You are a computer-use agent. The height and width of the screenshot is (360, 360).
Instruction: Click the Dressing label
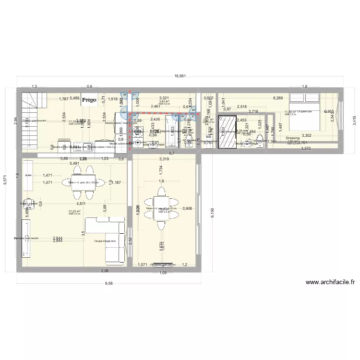tap(292, 138)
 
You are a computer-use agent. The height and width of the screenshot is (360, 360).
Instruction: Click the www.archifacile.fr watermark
tap(330, 283)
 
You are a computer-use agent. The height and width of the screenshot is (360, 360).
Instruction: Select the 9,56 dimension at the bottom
tap(109, 283)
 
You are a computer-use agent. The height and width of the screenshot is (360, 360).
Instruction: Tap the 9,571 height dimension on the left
tap(5, 180)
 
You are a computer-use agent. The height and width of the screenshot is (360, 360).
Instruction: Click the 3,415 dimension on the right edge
tap(354, 120)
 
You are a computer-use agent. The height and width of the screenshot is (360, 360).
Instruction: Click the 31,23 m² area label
tap(74, 211)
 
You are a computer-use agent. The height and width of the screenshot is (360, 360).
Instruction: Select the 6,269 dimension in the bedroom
tap(278, 98)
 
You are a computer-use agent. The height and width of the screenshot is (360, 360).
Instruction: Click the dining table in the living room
tap(77, 182)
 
